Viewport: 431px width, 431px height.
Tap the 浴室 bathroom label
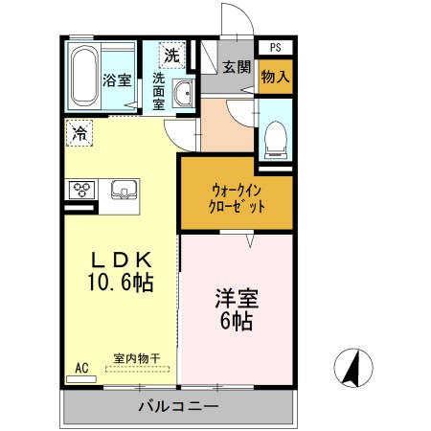pos(117,80)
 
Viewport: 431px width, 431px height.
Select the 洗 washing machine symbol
pos(170,56)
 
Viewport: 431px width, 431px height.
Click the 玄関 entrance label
pos(236,67)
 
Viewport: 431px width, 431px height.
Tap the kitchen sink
pos(125,190)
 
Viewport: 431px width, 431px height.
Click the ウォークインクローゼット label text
pos(235,197)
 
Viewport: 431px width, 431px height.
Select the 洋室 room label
pos(235,299)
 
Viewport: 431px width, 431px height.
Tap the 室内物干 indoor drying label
pos(136,358)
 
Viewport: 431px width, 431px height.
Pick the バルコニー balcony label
pos(178,407)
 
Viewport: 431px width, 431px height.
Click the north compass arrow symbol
pos(350,368)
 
